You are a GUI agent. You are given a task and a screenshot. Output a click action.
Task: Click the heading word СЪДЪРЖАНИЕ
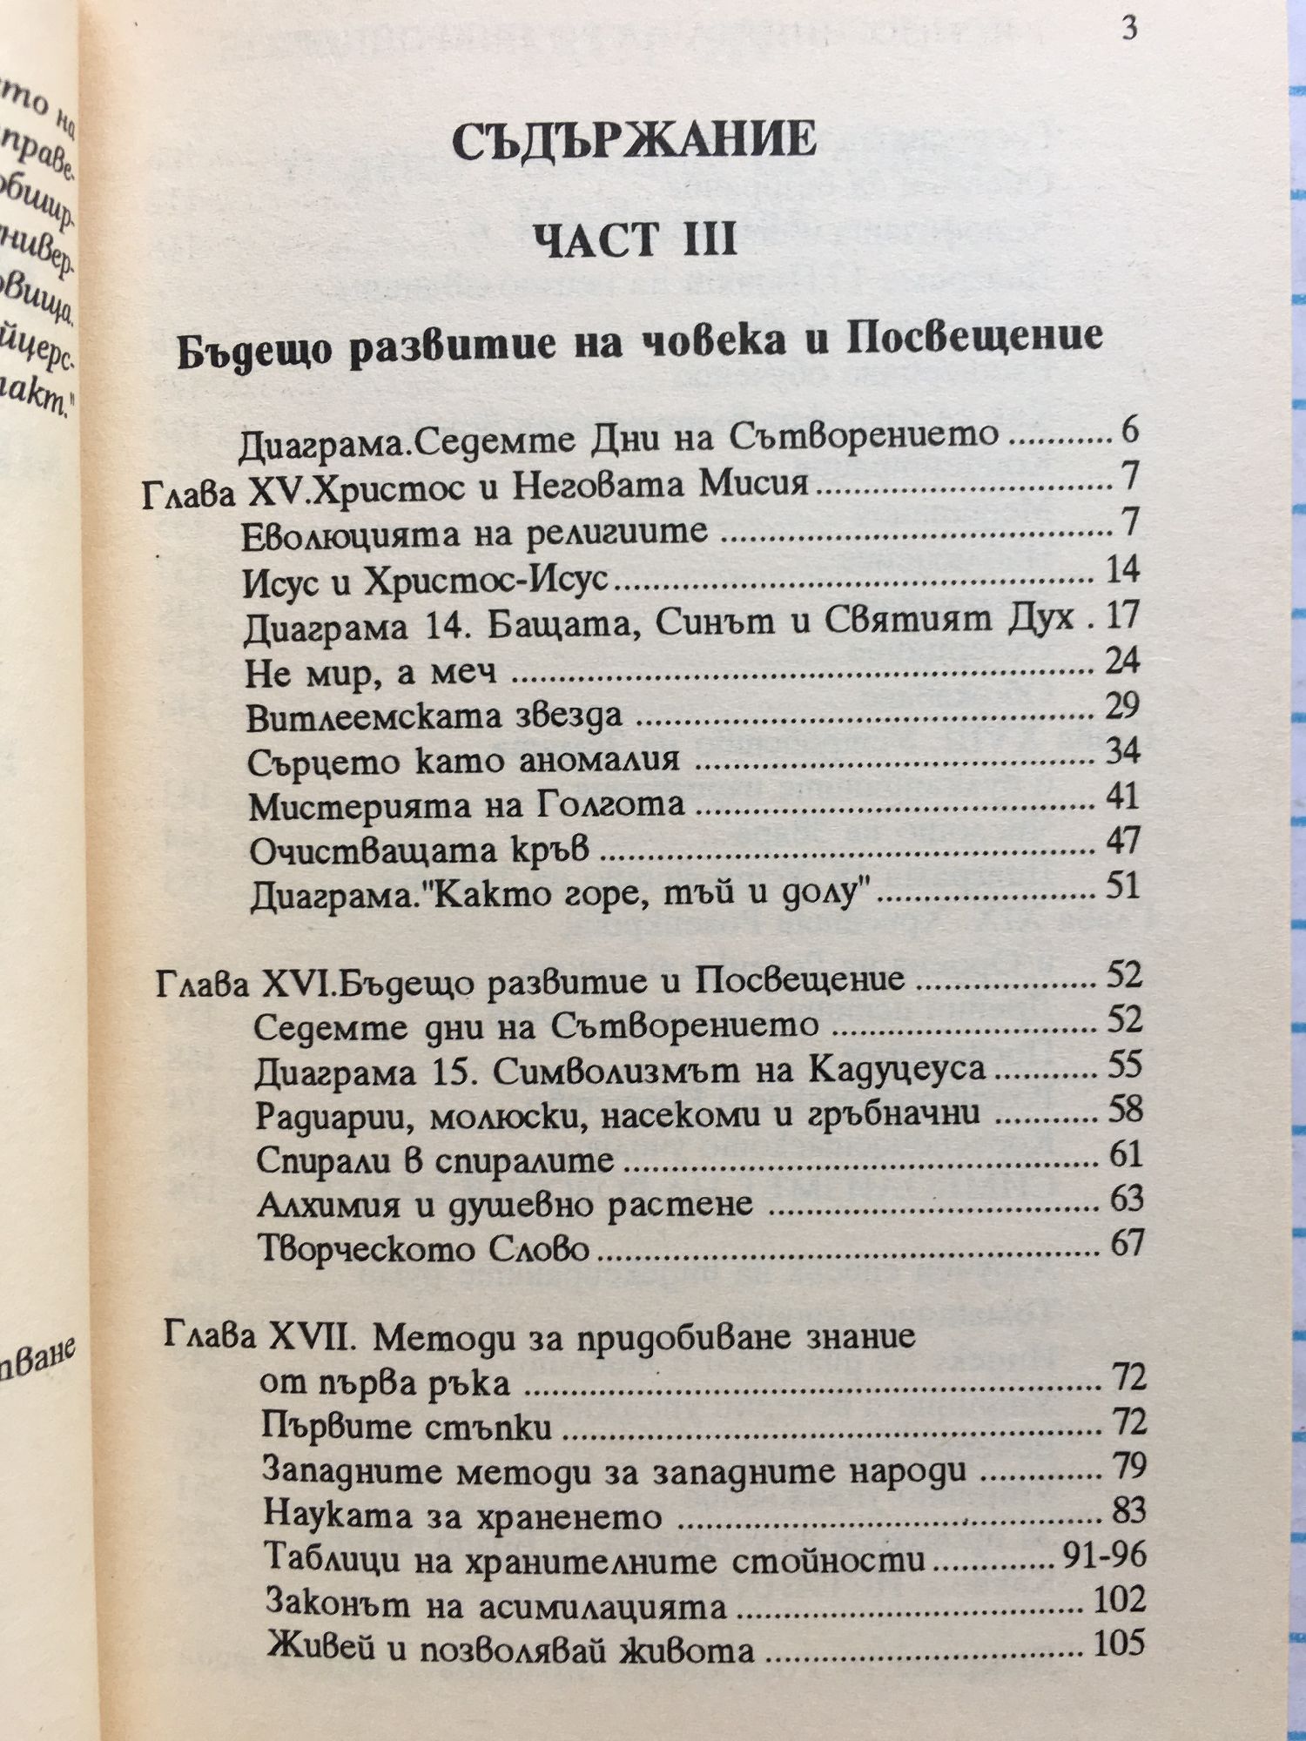635,140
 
